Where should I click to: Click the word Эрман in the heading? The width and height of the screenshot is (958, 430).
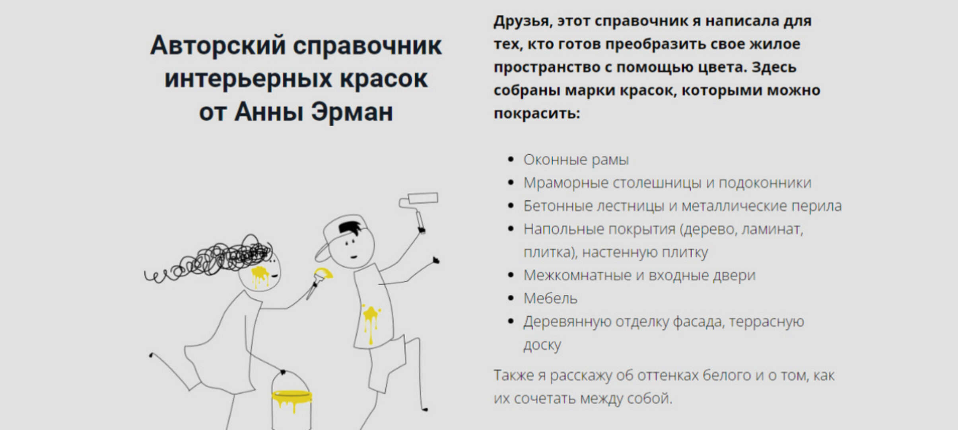click(x=352, y=112)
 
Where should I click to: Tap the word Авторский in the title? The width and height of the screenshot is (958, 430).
click(x=218, y=45)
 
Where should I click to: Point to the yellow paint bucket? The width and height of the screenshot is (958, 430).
click(x=291, y=402)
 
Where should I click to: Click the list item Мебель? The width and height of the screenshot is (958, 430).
click(x=550, y=299)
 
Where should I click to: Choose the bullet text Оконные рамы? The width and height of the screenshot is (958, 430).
click(x=576, y=160)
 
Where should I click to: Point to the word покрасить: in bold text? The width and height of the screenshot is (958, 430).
click(x=537, y=114)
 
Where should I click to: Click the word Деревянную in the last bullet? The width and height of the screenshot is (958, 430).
click(x=567, y=322)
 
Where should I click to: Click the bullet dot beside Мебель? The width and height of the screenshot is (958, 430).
click(x=511, y=299)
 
